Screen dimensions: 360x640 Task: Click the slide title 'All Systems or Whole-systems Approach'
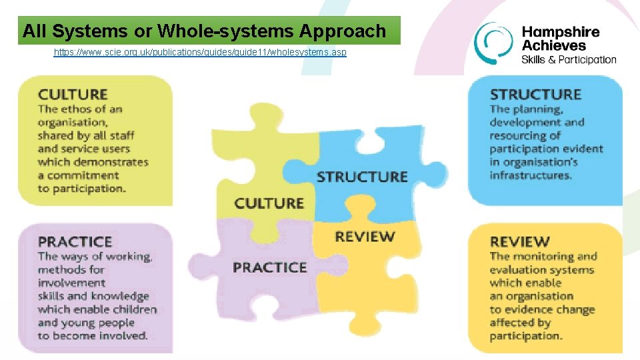point(204,31)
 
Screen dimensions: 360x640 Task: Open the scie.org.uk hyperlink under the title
point(200,52)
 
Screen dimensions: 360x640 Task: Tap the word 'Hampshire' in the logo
point(560,32)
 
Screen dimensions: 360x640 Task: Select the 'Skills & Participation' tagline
point(569,59)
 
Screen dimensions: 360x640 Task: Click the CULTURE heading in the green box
point(73,95)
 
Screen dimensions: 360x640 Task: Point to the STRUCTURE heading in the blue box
point(535,95)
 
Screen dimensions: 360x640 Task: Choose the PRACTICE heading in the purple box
point(75,241)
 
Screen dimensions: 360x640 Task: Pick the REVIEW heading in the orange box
point(520,241)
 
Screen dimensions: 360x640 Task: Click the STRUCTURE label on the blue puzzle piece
point(362,177)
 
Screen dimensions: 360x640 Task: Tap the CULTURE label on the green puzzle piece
point(269,203)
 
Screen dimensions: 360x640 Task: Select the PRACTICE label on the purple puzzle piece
point(269,267)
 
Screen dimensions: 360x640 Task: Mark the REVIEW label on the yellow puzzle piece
point(365,236)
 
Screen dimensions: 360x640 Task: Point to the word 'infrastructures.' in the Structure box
point(531,175)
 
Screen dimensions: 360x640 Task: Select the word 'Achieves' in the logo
point(553,45)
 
